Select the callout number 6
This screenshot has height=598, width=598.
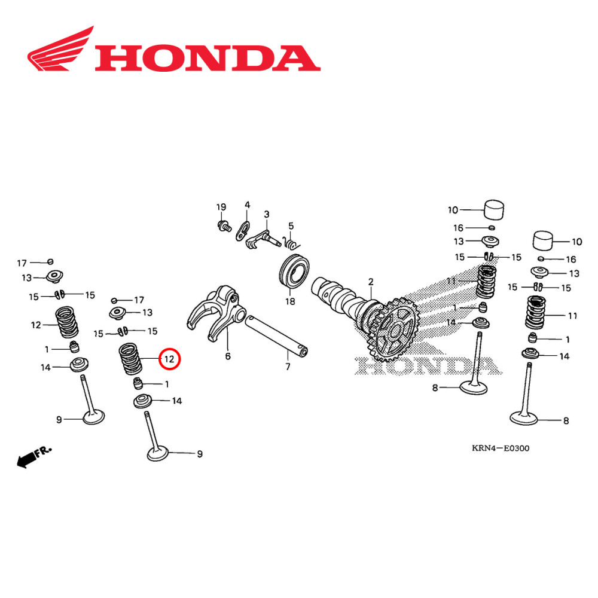click(x=228, y=356)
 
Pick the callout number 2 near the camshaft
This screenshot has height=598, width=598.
click(x=370, y=282)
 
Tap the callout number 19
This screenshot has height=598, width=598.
click(x=221, y=207)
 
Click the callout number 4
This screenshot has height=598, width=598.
click(x=247, y=205)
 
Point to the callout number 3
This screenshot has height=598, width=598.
click(x=267, y=213)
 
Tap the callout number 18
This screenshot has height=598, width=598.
click(x=290, y=301)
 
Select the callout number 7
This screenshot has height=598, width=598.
click(x=288, y=367)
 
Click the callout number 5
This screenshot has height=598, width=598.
click(x=291, y=225)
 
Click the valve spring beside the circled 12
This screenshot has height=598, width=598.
click(x=132, y=359)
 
